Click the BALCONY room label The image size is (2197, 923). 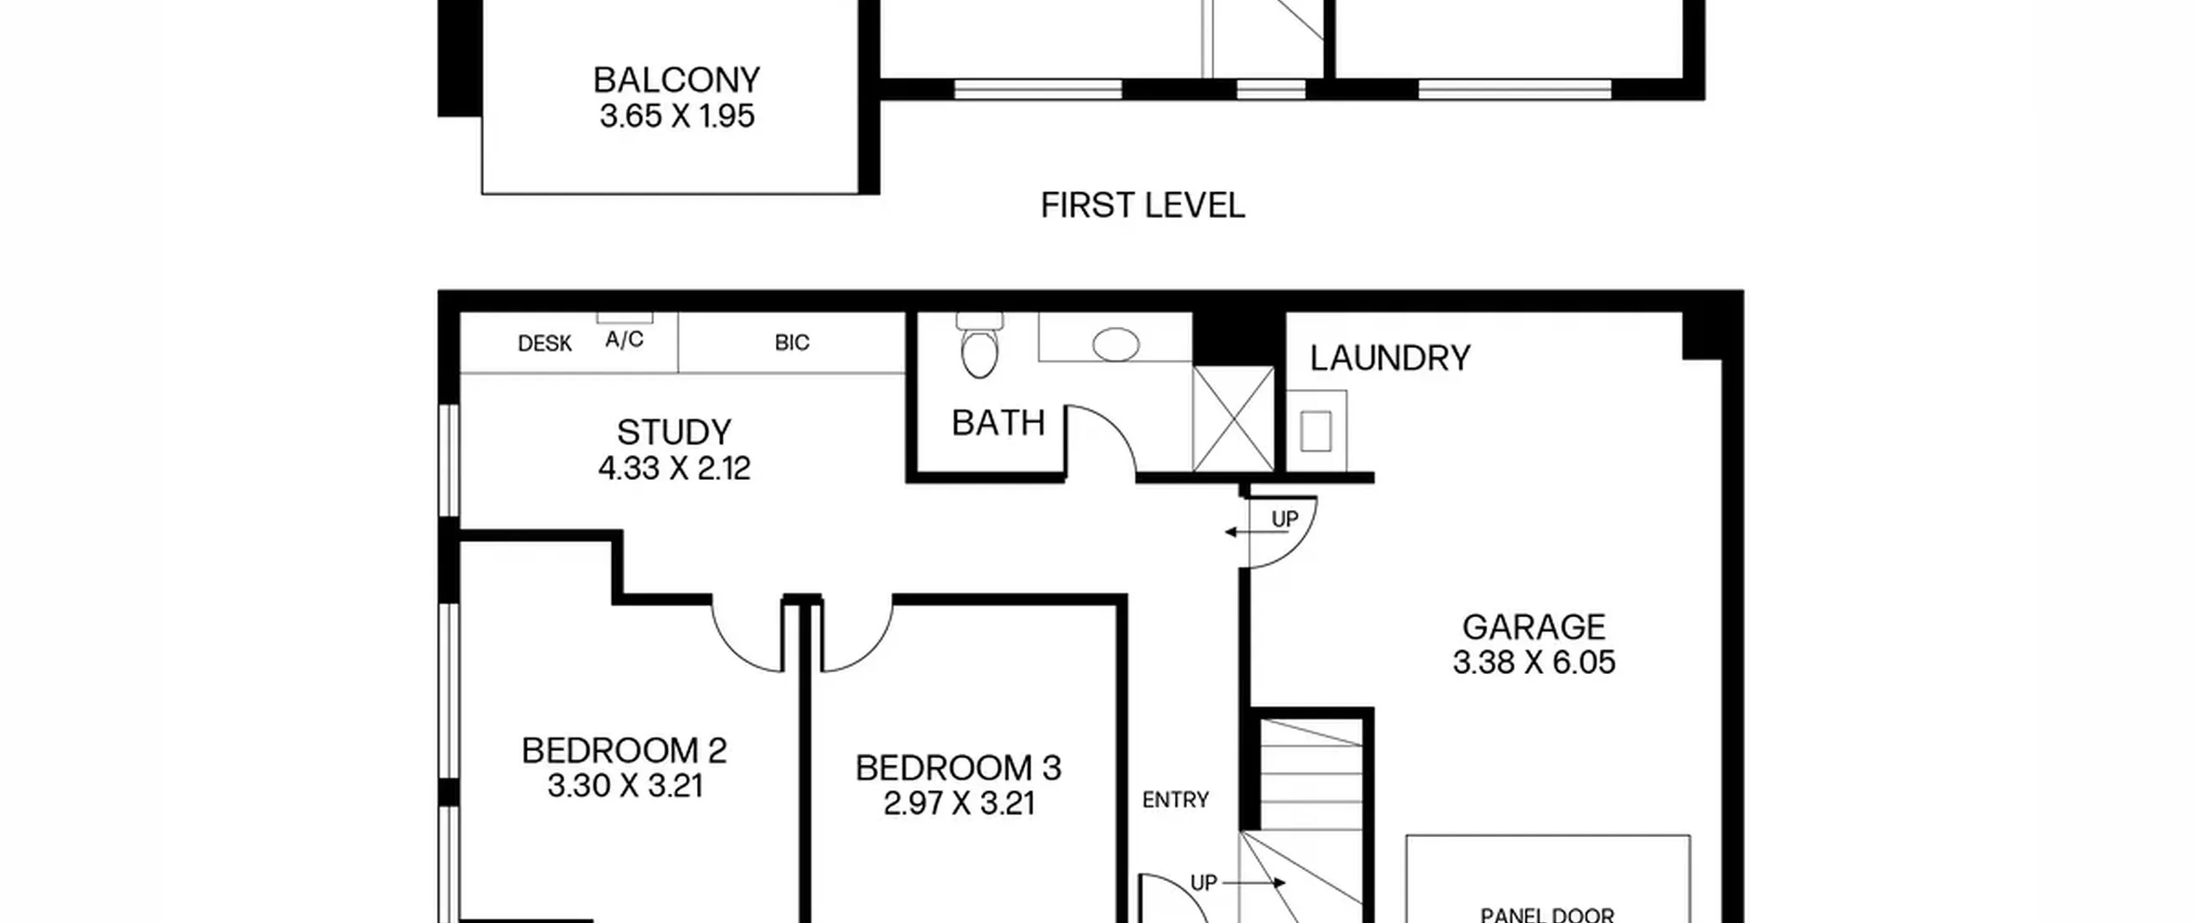coord(676,80)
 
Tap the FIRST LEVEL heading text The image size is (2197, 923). coord(1142,206)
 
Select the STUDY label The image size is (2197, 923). coord(674,432)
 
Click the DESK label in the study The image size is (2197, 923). coord(545,343)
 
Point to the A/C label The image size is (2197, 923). coord(624,339)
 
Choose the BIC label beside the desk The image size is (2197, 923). coord(791,343)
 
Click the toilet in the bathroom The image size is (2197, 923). coord(980,345)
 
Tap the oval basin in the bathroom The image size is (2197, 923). coord(1116,344)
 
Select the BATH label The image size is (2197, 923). coord(999,423)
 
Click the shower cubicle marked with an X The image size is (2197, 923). coord(1233,419)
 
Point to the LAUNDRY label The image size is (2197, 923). coord(1390,358)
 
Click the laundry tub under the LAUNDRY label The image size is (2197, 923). coord(1316,430)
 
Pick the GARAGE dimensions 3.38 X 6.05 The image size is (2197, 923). coord(1534,663)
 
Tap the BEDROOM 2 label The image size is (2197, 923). coord(624,750)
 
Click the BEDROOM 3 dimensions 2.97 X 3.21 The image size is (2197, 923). coord(959,804)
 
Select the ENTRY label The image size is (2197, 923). coord(1176,800)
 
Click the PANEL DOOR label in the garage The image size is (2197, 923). coord(1547,915)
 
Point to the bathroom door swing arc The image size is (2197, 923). coord(1116,422)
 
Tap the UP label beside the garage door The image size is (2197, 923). coord(1285,519)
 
